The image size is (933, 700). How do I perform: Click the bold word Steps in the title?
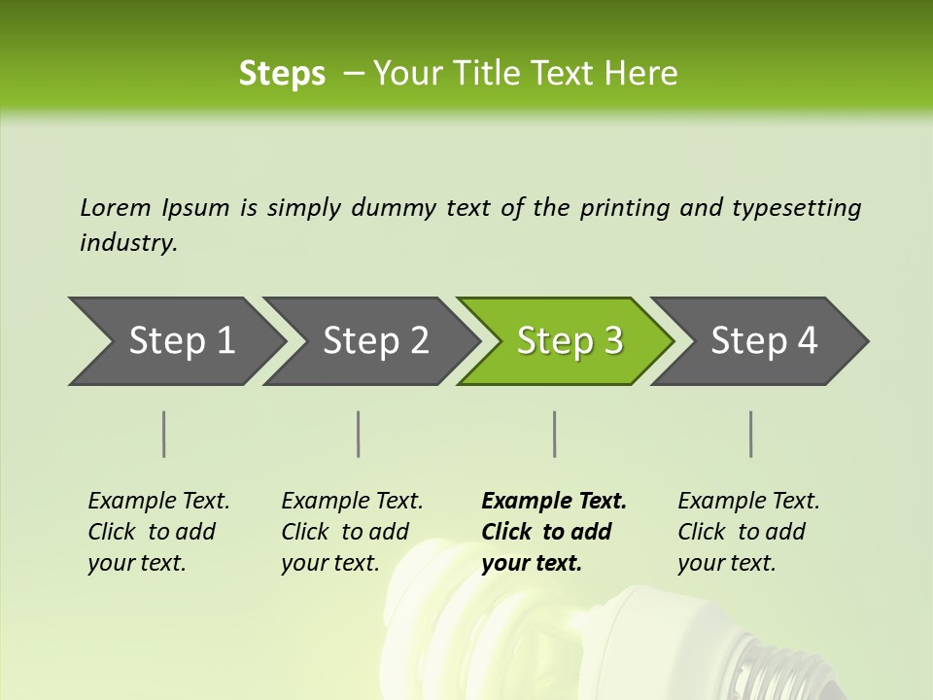(x=282, y=74)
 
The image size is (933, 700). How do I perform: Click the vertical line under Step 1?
(x=164, y=434)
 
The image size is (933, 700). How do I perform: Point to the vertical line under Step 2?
(x=359, y=434)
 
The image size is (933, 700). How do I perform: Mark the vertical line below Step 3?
(x=555, y=434)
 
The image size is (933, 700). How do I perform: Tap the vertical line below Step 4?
(x=751, y=434)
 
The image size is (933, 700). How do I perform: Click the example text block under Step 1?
(x=157, y=532)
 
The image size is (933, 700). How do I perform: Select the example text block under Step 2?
(x=351, y=532)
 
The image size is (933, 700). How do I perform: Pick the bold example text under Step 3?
(x=552, y=532)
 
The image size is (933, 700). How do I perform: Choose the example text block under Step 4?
(x=747, y=532)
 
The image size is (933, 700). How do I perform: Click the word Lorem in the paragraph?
(x=115, y=208)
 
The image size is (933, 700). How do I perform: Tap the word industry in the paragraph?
(x=127, y=243)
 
